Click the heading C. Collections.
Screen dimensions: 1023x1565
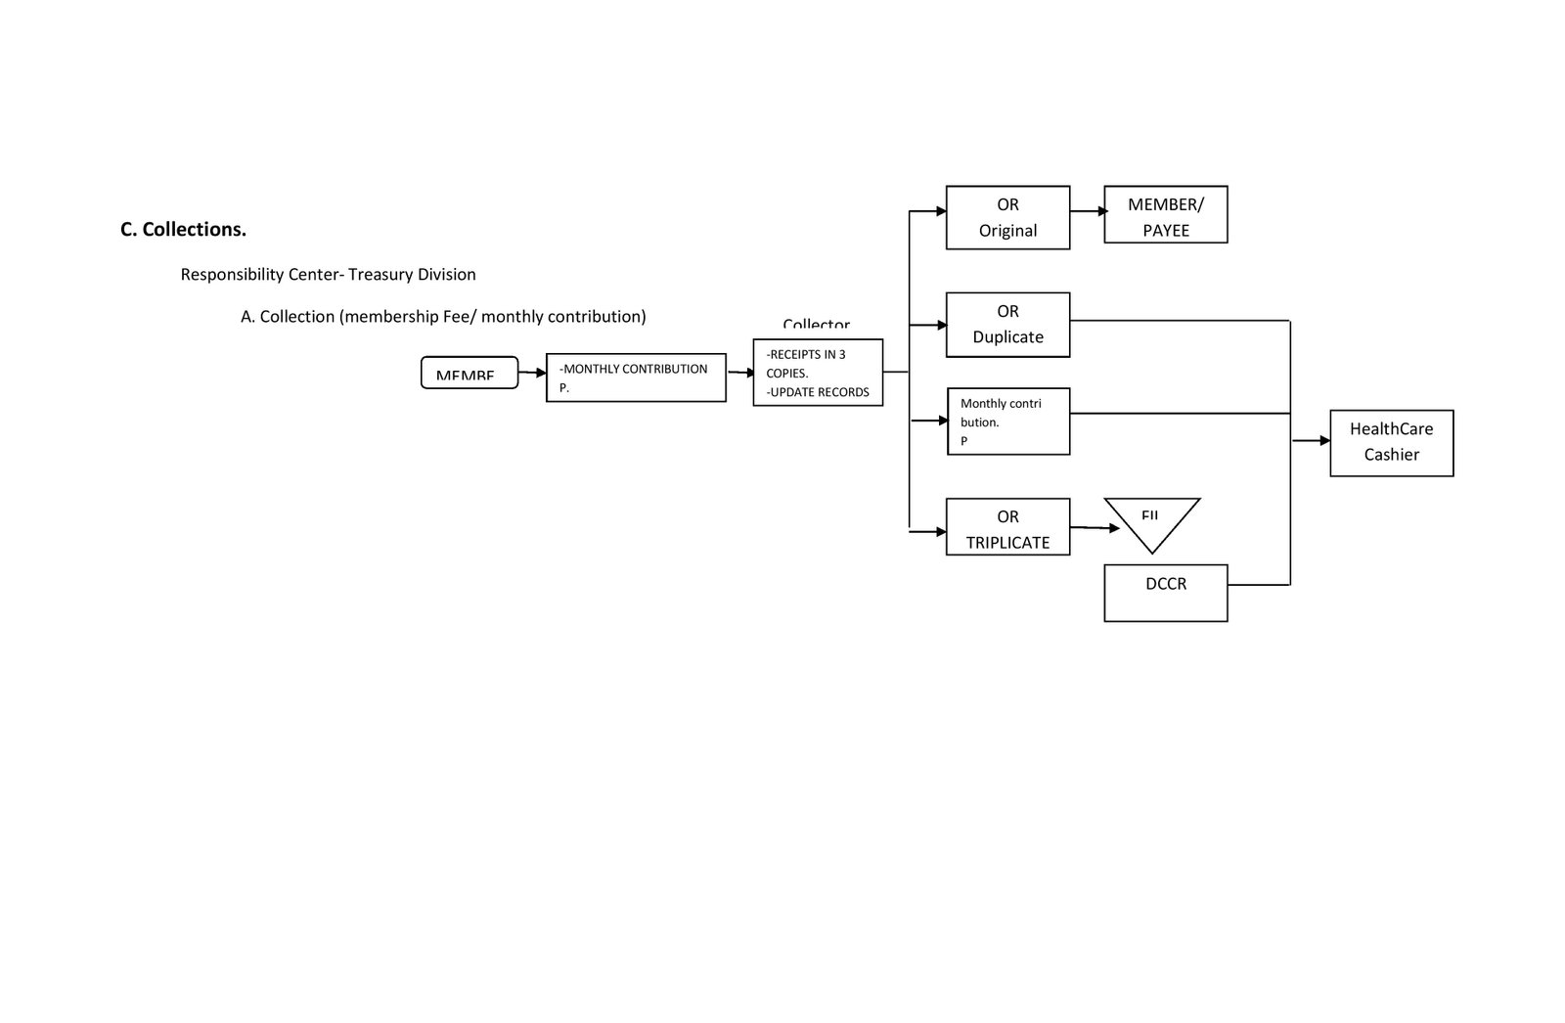click(183, 229)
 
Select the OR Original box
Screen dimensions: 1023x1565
click(1007, 217)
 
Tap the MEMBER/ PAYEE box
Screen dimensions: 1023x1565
click(1165, 214)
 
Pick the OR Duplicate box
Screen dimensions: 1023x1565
click(1007, 324)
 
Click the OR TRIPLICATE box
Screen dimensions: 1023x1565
click(1007, 527)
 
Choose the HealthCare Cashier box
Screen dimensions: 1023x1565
click(1391, 443)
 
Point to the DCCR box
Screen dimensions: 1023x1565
click(1165, 593)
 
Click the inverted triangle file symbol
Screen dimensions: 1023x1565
click(1151, 522)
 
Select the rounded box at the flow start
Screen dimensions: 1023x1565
click(469, 373)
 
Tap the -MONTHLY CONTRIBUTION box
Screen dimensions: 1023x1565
click(636, 378)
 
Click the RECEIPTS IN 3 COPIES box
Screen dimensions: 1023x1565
click(818, 373)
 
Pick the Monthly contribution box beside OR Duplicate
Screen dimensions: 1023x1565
click(1008, 422)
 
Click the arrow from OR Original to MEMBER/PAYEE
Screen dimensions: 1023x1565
click(1087, 211)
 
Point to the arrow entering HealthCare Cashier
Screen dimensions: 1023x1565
click(1311, 441)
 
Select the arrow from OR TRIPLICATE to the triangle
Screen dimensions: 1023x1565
click(1095, 528)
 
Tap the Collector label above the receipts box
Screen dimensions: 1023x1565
click(816, 326)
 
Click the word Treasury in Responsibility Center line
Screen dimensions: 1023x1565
click(380, 275)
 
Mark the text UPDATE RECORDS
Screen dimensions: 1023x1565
click(820, 392)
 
